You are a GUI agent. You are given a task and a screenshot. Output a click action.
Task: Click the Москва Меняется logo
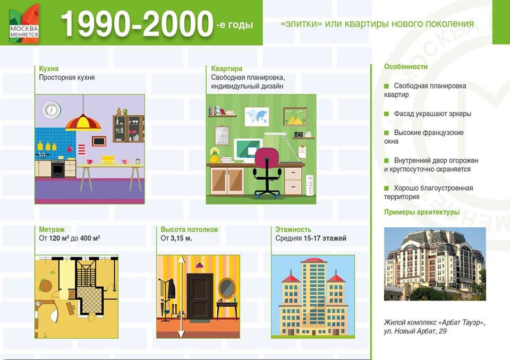coord(24,24)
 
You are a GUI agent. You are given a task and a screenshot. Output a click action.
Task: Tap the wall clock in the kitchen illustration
coord(52,110)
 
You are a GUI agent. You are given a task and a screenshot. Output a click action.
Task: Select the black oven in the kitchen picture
coord(58,169)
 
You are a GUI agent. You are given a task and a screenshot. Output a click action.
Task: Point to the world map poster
coord(257,116)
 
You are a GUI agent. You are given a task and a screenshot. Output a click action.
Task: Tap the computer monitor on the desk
coord(248,150)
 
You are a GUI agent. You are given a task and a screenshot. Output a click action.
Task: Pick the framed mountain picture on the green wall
coord(295,116)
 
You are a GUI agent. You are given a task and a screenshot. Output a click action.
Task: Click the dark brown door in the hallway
coord(200,296)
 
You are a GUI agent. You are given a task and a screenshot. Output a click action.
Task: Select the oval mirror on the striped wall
coord(227,287)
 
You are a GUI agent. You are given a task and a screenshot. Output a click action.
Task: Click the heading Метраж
coord(52,229)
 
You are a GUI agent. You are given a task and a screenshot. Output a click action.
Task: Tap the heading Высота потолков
coord(189,229)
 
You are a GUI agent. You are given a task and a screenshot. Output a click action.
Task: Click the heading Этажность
coord(293,229)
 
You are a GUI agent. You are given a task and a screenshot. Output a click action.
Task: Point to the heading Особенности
coord(406,67)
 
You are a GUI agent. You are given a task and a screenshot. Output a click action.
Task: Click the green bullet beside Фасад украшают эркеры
coord(386,114)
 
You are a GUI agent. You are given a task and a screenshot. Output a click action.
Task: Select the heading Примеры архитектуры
coord(422,212)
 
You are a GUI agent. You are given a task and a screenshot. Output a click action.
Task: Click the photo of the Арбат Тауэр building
coord(435,264)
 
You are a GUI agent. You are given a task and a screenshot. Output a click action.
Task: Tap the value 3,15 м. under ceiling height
coord(182,238)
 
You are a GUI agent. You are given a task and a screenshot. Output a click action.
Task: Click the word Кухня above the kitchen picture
coord(49,68)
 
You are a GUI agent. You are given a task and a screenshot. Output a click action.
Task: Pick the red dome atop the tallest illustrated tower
coord(313,260)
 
